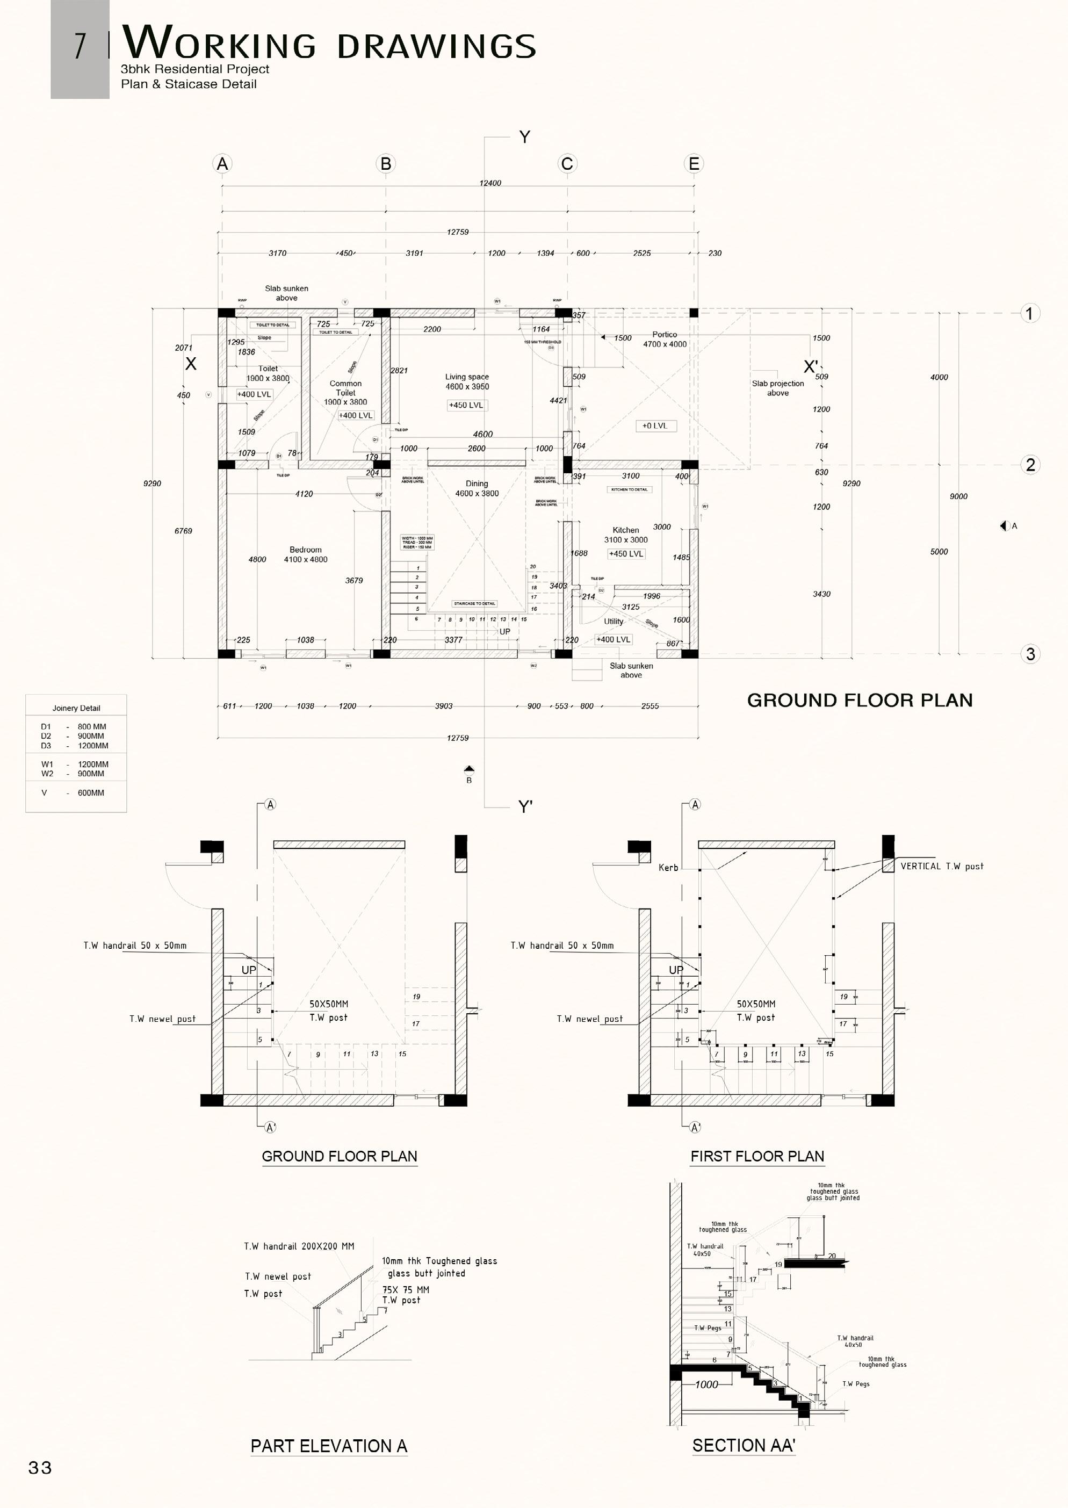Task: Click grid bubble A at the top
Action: coord(222,164)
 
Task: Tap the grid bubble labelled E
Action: coord(694,164)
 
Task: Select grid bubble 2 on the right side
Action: coord(1030,465)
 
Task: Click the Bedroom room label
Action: coord(305,550)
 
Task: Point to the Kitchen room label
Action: coord(625,530)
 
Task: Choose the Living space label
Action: coord(467,377)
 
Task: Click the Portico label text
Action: coord(664,335)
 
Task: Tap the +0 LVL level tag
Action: coord(655,425)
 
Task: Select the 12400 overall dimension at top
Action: coord(490,183)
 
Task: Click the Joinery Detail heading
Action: coord(76,708)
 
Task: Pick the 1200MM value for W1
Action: coord(93,764)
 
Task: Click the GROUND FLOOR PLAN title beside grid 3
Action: coord(860,701)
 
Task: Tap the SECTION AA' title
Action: coord(743,1446)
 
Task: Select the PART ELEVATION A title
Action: coord(329,1446)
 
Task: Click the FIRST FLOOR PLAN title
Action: coord(757,1157)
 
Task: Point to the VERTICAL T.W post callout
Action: coord(942,866)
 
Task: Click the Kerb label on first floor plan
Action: coord(668,868)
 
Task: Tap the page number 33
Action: coord(40,1468)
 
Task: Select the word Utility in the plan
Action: coord(614,622)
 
